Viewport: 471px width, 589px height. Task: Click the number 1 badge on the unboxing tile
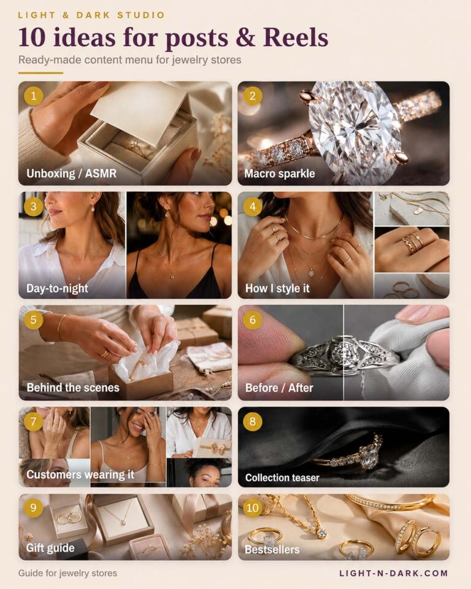tap(34, 96)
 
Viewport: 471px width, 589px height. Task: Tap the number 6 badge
tap(253, 320)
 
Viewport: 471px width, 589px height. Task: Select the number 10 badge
tap(253, 508)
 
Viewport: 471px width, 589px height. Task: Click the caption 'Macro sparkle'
tap(280, 174)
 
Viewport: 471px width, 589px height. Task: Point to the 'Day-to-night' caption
tap(57, 288)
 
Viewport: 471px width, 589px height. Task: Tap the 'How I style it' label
tap(277, 288)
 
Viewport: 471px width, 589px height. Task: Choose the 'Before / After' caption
tap(279, 388)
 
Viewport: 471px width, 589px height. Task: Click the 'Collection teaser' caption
tap(282, 477)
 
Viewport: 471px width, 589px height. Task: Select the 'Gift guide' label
tap(50, 548)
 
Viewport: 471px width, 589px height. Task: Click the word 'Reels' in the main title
tap(296, 37)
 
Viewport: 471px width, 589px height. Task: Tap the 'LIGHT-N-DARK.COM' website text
tap(394, 573)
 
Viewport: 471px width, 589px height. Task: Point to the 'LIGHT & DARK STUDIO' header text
tap(91, 15)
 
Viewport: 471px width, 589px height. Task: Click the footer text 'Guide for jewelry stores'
tap(67, 573)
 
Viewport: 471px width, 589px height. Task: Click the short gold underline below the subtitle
tap(40, 73)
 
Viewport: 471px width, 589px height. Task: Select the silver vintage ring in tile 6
tap(343, 356)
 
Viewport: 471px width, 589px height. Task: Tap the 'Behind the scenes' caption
tap(73, 387)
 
